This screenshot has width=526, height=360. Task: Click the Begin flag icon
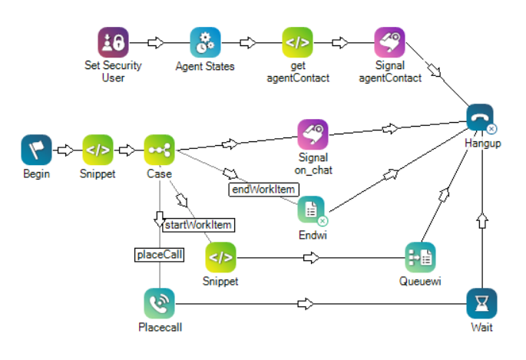coord(36,150)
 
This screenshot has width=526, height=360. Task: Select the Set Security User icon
coord(113,43)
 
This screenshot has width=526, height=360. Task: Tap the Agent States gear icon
coord(205,43)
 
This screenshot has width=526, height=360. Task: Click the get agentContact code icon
coord(297,43)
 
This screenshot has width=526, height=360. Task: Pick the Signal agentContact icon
coord(389,43)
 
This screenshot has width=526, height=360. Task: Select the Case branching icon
coord(160,150)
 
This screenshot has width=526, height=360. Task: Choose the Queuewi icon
coord(420,257)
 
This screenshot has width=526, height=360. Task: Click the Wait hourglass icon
coord(481,303)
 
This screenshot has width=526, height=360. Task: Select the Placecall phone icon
coord(159,303)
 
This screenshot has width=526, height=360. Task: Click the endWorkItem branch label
coord(264,188)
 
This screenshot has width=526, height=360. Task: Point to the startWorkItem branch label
coord(197,225)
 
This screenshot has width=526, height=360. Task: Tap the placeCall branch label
coord(160,255)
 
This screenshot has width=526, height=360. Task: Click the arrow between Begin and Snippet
coord(67,150)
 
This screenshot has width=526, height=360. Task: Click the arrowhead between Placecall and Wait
coord(306,303)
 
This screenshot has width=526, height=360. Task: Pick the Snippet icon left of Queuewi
coord(220,257)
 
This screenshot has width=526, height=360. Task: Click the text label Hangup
coord(481,144)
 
